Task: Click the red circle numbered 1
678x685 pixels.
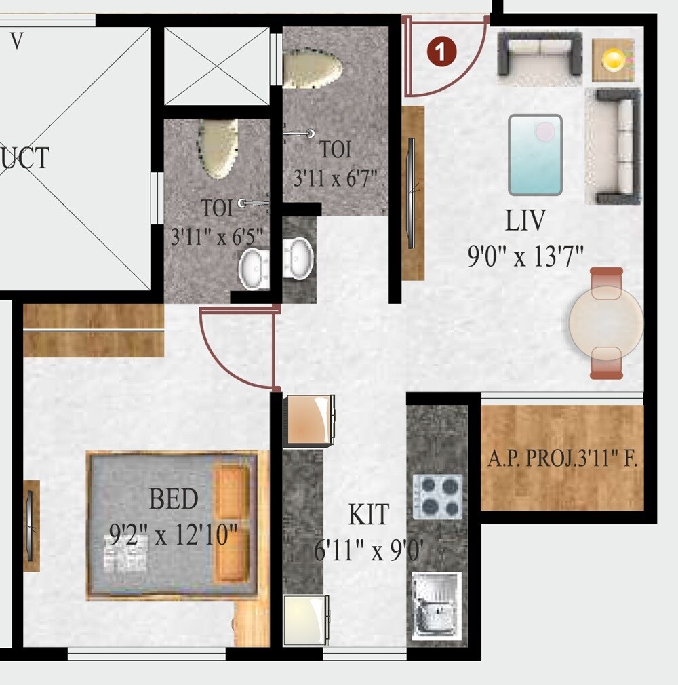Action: coord(441,52)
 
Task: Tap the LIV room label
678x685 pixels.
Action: coord(525,221)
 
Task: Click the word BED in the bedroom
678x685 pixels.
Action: coord(174,500)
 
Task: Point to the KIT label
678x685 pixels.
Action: coord(369,515)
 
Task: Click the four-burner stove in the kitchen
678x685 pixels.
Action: coord(438,496)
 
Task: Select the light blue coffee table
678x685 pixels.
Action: coord(536,155)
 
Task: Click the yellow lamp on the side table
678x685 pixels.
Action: coord(613,60)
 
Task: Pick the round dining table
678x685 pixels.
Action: coord(605,323)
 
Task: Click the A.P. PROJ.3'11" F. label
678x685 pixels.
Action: coord(562,461)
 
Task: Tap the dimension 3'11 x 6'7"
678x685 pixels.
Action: coord(335,179)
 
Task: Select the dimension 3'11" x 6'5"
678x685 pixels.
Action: coord(216,237)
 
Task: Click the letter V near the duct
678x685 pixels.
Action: coord(17,41)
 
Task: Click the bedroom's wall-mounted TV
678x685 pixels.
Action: coord(30,525)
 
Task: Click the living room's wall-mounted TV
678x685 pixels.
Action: coord(411,193)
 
